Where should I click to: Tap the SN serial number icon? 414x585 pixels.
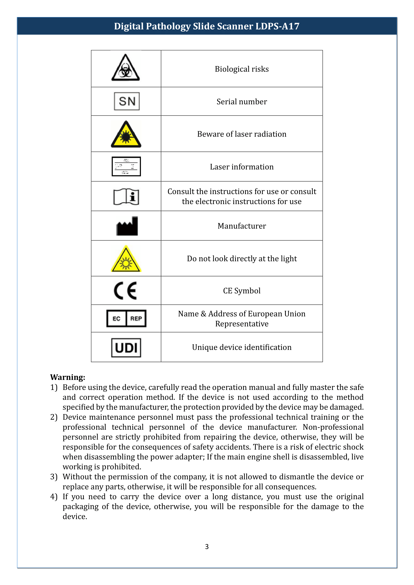127,101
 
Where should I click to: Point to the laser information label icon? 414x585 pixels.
126,166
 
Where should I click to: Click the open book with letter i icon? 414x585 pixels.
126,196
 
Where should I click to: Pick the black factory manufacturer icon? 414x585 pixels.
127,226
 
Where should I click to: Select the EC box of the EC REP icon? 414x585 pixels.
116,318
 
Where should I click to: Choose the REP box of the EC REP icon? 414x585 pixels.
136,318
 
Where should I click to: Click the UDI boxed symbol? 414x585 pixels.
126,348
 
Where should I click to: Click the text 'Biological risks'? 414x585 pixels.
242,69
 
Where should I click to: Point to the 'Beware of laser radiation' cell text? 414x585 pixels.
242,134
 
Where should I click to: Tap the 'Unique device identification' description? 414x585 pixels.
242,347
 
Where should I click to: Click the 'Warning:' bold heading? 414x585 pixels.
68,377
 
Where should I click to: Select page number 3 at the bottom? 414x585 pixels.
207,546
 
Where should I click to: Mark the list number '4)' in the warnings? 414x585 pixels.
54,497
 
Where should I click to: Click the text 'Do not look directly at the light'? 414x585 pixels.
242,259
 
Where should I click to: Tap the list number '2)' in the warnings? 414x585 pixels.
54,417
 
